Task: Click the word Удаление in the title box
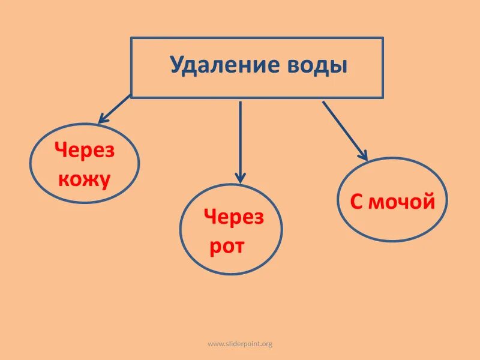217,65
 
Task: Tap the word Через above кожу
85,151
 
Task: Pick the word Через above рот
233,217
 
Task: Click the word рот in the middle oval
227,246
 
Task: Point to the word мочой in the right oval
401,202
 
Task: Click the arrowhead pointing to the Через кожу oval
103,119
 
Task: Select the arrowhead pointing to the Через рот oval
240,178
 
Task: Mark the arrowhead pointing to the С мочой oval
362,155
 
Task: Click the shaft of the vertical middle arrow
240,138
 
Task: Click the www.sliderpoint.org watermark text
240,344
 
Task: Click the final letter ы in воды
340,66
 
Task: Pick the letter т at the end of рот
239,246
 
